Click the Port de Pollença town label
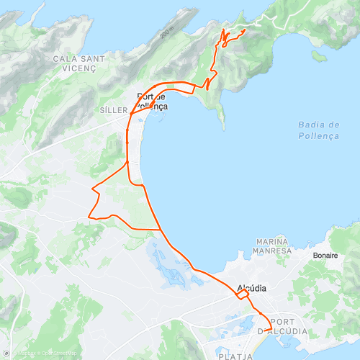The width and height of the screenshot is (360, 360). point(152,102)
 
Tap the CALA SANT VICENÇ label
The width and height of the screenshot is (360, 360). point(79,63)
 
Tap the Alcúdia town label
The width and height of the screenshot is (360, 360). point(251,288)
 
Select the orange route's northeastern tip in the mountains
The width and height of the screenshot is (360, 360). point(246,30)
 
